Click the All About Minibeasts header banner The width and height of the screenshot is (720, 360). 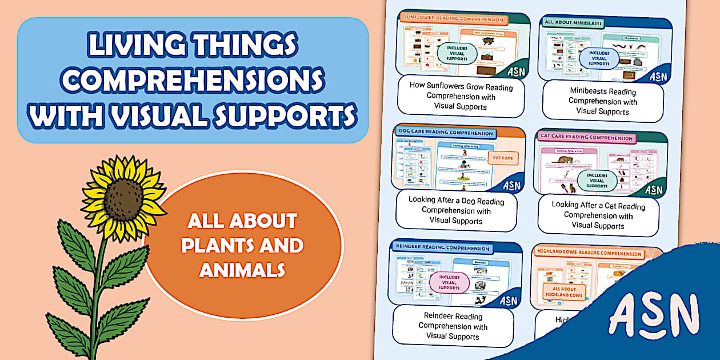[574, 23]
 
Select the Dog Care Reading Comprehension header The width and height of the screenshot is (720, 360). [445, 133]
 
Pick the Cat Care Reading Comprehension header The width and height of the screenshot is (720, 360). [586, 138]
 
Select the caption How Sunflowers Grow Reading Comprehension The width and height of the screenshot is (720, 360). [461, 96]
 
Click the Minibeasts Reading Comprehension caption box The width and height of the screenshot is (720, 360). [602, 101]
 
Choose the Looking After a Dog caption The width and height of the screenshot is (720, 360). [456, 210]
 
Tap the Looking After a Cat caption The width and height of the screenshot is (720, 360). [598, 215]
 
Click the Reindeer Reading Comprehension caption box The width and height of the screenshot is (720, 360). [453, 326]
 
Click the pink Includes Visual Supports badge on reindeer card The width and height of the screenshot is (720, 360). [450, 282]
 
